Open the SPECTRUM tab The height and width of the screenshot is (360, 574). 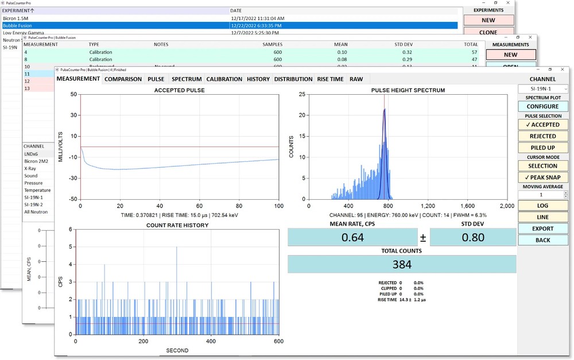[187, 79]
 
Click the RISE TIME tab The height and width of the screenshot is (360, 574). [330, 79]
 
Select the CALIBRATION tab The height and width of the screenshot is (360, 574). [224, 79]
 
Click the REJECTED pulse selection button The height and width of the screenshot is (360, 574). [543, 136]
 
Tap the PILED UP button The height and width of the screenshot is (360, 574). [543, 148]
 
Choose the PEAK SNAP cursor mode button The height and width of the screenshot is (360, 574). [543, 177]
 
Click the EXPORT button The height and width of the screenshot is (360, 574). [543, 229]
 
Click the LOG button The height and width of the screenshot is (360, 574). [543, 206]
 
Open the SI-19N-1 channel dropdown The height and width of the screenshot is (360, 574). [543, 89]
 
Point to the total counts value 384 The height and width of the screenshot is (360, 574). [401, 265]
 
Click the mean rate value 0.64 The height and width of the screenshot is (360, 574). [352, 237]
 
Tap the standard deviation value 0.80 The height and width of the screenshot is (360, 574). [473, 237]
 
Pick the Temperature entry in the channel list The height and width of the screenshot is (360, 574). [37, 190]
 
